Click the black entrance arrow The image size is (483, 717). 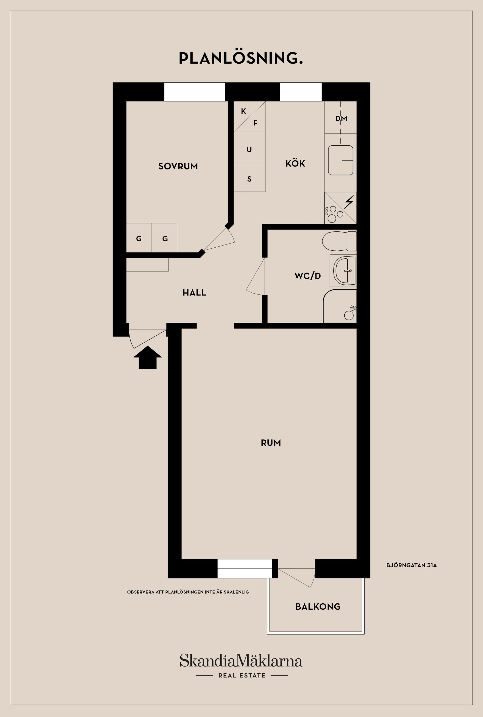[148, 358]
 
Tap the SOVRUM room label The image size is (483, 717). [178, 166]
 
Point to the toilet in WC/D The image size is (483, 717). [339, 241]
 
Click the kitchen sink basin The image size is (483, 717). [340, 160]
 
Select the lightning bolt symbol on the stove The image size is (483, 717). [349, 202]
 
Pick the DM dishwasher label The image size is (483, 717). [341, 118]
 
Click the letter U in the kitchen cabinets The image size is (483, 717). [249, 150]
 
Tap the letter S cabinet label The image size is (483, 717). [250, 179]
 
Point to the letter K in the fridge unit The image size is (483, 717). [243, 111]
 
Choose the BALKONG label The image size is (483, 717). [318, 606]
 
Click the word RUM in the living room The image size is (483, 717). [271, 443]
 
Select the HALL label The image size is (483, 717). [194, 292]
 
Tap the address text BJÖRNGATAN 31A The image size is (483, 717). [412, 565]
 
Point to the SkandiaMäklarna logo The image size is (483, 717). [241, 661]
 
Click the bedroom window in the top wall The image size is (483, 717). [194, 92]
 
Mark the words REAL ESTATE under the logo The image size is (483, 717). [242, 676]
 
